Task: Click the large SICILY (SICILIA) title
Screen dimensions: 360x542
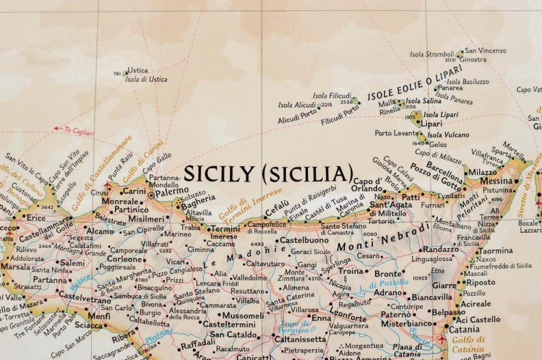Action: click(x=268, y=173)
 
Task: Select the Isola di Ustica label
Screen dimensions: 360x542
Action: click(x=146, y=80)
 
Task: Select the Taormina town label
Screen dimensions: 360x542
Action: click(x=495, y=251)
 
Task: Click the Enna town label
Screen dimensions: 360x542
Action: click(x=322, y=317)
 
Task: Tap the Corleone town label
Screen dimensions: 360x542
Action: click(x=125, y=258)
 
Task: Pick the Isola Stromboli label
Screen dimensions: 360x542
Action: click(x=431, y=53)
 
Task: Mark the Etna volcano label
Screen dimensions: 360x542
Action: click(x=437, y=270)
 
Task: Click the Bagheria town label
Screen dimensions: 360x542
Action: click(x=199, y=199)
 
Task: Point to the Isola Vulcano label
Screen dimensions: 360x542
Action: click(x=447, y=134)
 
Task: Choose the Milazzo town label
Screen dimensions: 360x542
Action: click(x=482, y=172)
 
